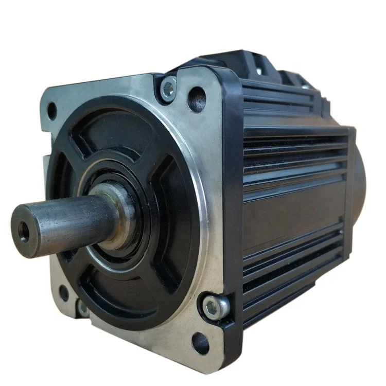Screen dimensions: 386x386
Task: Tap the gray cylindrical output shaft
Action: tap(62, 224)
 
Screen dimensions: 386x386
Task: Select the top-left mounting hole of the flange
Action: tap(52, 109)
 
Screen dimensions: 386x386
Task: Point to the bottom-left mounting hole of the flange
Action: tap(64, 292)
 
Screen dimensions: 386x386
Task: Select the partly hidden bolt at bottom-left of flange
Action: tap(82, 308)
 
